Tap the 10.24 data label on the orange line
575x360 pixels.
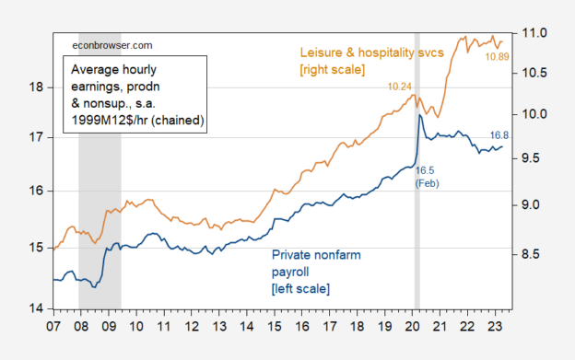(x=403, y=86)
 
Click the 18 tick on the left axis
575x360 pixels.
(x=35, y=87)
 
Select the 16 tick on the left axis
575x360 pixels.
(x=35, y=192)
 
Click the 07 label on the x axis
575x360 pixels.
(x=53, y=327)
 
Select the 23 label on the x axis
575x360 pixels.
(x=499, y=327)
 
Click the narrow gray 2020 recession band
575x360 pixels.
(x=417, y=230)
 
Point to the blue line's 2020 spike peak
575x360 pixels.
(x=420, y=116)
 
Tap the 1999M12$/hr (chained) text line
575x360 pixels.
(x=135, y=121)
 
